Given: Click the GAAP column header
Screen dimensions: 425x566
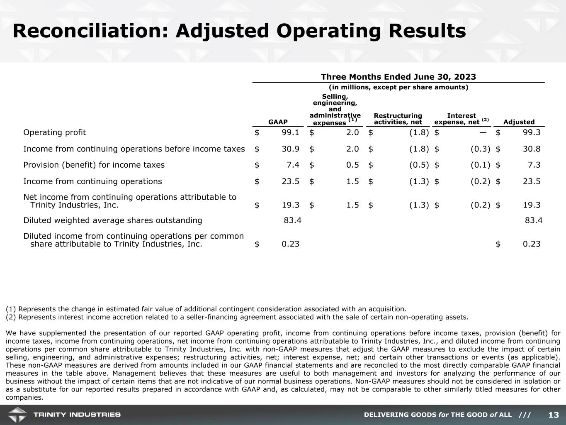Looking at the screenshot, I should click(278, 122).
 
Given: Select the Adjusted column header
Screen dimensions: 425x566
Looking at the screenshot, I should click(519, 122).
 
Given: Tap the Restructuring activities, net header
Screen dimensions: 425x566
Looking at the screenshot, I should click(398, 119).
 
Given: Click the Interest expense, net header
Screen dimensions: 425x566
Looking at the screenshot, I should click(461, 119).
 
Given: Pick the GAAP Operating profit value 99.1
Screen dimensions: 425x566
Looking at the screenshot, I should click(290, 132).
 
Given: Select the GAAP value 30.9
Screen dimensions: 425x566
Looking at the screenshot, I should click(290, 149).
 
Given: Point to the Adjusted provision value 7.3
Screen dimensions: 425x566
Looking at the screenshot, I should click(534, 165).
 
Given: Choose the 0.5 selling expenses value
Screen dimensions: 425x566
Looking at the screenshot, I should click(352, 165).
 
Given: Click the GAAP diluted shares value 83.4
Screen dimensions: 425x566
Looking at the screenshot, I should click(292, 220).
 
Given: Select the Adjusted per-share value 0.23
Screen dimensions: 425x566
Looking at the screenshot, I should click(532, 244).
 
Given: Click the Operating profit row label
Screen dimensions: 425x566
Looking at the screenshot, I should click(55, 132).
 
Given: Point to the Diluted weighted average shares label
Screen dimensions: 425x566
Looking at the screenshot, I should click(113, 220).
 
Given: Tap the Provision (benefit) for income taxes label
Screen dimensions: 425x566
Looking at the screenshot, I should click(94, 165).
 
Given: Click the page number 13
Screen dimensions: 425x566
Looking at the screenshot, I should click(554, 415).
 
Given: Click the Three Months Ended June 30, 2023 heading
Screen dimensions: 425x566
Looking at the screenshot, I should click(398, 77).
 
